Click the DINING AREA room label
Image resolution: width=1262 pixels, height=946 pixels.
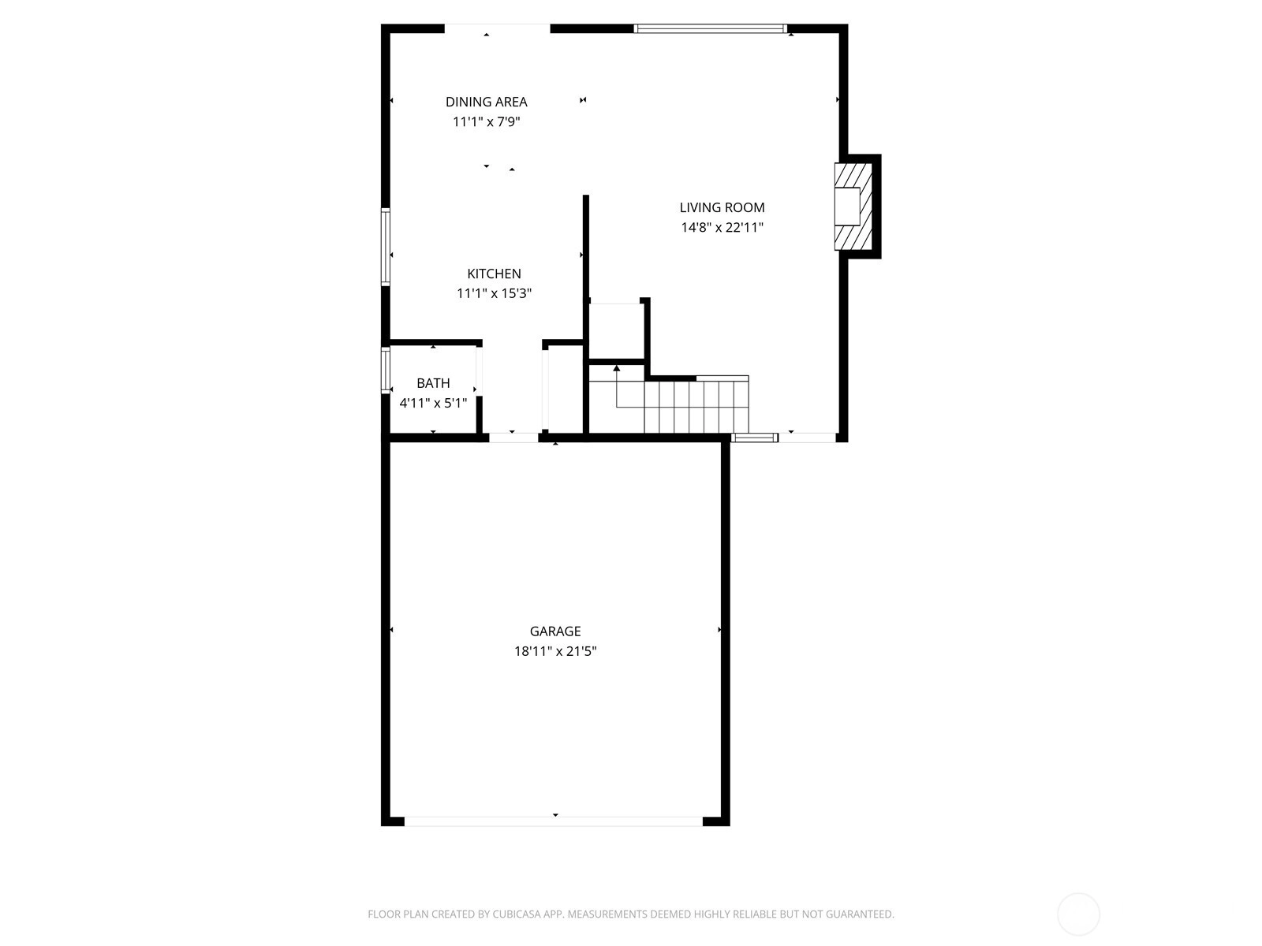click(x=486, y=102)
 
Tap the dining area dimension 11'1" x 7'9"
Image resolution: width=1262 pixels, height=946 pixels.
click(x=486, y=121)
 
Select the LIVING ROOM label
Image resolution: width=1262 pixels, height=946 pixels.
click(x=722, y=207)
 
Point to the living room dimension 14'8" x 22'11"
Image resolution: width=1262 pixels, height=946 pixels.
click(x=722, y=228)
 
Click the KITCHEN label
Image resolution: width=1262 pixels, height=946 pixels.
click(x=494, y=274)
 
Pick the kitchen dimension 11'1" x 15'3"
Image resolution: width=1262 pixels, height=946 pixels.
click(x=494, y=293)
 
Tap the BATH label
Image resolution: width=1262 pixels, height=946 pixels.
click(x=433, y=383)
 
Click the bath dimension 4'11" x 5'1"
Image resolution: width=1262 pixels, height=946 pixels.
click(x=433, y=403)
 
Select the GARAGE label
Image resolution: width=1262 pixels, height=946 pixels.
click(x=554, y=631)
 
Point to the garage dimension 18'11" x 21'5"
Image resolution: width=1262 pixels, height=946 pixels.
click(x=554, y=651)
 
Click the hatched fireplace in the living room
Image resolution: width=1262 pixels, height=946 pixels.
click(x=853, y=207)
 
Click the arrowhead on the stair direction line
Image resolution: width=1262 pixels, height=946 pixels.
click(x=616, y=367)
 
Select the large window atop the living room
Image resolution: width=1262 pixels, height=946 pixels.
click(x=710, y=28)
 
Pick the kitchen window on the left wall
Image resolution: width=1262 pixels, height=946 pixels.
click(x=385, y=247)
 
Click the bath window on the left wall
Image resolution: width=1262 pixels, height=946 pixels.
click(x=385, y=370)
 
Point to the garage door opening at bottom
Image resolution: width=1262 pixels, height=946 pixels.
click(x=553, y=821)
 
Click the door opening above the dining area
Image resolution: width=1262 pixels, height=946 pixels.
click(x=498, y=28)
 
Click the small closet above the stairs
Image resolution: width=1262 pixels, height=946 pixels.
click(x=616, y=330)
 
